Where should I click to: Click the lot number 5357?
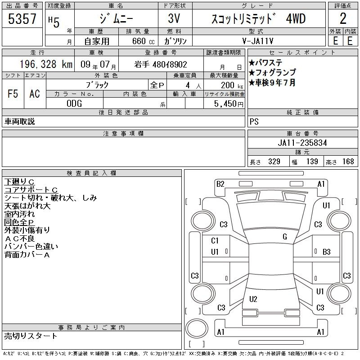pos(22,19)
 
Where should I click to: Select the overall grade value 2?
pos(343,18)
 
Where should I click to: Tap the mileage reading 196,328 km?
pos(46,64)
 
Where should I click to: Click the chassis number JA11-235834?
pos(302,143)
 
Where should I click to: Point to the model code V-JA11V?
pos(257,41)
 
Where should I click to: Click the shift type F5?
pos(13,94)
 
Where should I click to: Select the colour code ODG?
pos(74,103)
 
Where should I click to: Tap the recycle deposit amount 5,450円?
pos(229,104)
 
